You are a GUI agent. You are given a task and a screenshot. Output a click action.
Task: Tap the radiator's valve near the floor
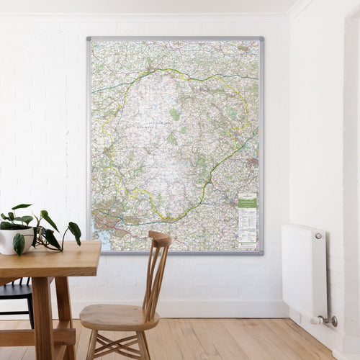(x=330, y=320)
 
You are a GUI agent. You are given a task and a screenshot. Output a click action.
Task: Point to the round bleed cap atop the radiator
(x=318, y=235)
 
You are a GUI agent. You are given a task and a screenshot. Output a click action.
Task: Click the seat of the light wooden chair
(x=115, y=315)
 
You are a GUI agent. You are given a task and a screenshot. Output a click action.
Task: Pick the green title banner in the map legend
(x=247, y=203)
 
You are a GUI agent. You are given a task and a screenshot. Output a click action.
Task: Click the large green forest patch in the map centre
(x=174, y=114)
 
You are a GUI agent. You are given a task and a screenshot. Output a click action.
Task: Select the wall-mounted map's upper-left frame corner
(x=89, y=39)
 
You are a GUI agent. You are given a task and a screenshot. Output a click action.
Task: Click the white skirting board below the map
(x=216, y=308)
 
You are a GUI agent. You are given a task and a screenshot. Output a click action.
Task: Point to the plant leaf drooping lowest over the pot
(x=19, y=245)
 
